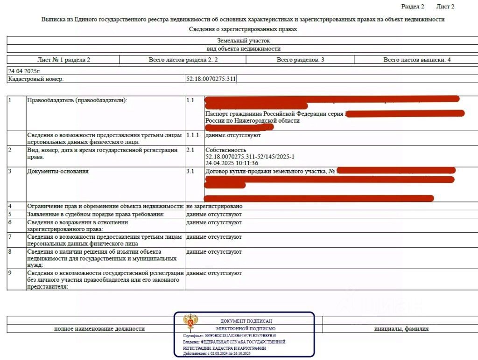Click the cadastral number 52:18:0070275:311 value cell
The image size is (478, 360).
point(211,79)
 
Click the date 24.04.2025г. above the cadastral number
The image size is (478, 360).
point(24,71)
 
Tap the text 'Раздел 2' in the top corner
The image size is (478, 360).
point(413,7)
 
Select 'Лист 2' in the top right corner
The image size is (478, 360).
point(445,7)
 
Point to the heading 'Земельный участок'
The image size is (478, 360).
point(243,41)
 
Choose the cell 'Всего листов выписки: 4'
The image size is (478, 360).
point(417,60)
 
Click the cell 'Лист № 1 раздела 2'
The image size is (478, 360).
point(63,60)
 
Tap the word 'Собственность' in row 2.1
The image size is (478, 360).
point(225,150)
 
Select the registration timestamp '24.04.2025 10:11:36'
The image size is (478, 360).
point(232,163)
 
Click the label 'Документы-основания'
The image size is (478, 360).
point(58,171)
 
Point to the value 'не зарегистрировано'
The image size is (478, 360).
point(214,206)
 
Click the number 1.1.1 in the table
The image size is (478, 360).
point(192,135)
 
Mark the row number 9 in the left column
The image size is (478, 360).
point(10,273)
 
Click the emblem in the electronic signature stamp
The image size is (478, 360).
point(190,322)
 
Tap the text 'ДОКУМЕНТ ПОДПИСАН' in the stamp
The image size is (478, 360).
point(246,321)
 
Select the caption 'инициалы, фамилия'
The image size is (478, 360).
point(401,329)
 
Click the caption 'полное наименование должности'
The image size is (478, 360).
point(99,329)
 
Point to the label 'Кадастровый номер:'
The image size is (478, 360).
point(36,79)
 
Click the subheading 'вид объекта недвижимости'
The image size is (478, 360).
point(243,48)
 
